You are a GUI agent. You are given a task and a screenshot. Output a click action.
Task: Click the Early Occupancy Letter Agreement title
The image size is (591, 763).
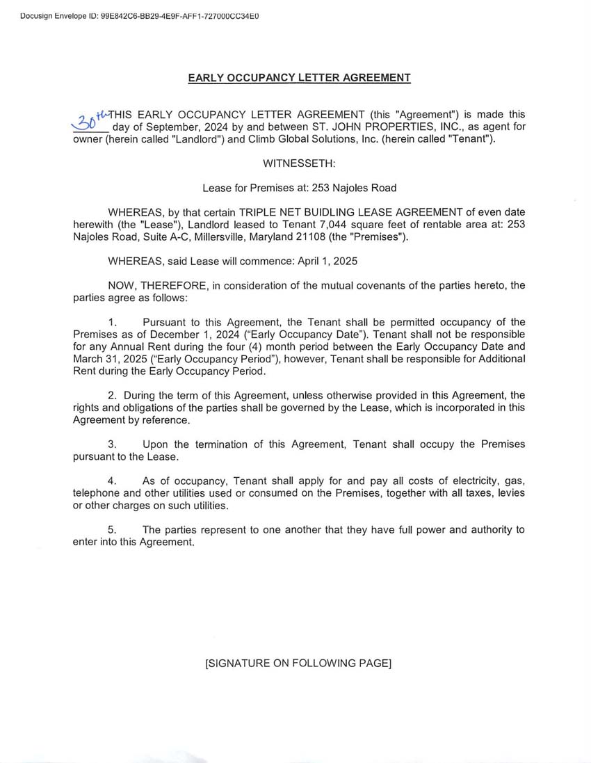[299, 78]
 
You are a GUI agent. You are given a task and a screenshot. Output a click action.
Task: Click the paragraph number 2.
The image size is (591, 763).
[111, 396]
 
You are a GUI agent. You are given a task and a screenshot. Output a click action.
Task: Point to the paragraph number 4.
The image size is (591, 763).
[111, 481]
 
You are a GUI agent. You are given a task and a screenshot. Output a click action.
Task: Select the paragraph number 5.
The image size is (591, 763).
[111, 530]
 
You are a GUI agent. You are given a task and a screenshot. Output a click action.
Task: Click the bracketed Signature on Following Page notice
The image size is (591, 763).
[298, 664]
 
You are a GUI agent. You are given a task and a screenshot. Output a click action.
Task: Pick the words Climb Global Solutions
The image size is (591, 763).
[298, 139]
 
